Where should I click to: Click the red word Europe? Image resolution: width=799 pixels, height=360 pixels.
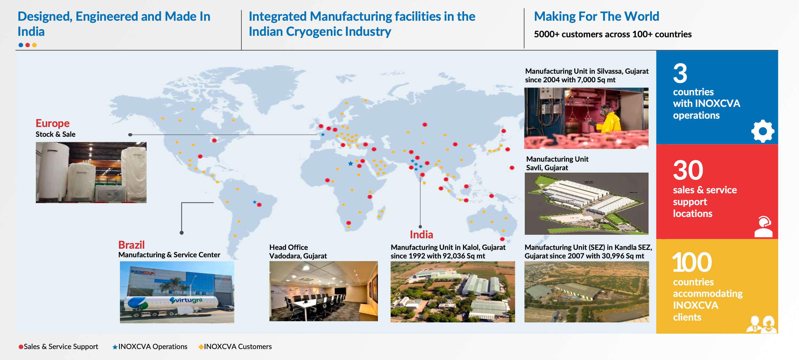coord(52,123)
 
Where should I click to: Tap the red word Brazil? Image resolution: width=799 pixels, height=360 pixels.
coord(131,245)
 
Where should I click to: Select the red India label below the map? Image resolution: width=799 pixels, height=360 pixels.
coord(421,235)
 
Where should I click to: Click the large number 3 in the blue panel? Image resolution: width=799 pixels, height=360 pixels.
coord(680,73)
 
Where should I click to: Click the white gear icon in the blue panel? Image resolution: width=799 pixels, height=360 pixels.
coord(762,131)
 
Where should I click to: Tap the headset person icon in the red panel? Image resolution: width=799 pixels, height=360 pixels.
coord(763,227)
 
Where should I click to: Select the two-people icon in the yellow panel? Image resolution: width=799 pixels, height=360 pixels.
coord(762,324)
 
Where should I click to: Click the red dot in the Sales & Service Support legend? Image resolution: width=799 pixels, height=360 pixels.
coord(21,347)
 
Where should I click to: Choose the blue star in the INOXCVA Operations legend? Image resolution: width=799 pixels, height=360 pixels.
coord(115,347)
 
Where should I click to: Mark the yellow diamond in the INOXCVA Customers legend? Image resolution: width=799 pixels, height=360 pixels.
coord(201,347)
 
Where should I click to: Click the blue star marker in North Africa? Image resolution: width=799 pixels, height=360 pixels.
coord(351,163)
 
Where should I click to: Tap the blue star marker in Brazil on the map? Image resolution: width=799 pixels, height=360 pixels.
coord(255,202)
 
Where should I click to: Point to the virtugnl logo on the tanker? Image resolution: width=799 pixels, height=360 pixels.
coord(186,300)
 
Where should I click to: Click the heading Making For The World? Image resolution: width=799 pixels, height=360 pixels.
coord(596,17)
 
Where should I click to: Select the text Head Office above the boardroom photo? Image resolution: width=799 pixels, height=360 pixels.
coord(288,247)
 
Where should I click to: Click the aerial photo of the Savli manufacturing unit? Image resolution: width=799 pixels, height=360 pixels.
coord(586,203)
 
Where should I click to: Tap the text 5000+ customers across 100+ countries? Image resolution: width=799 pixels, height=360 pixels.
coord(613,34)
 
